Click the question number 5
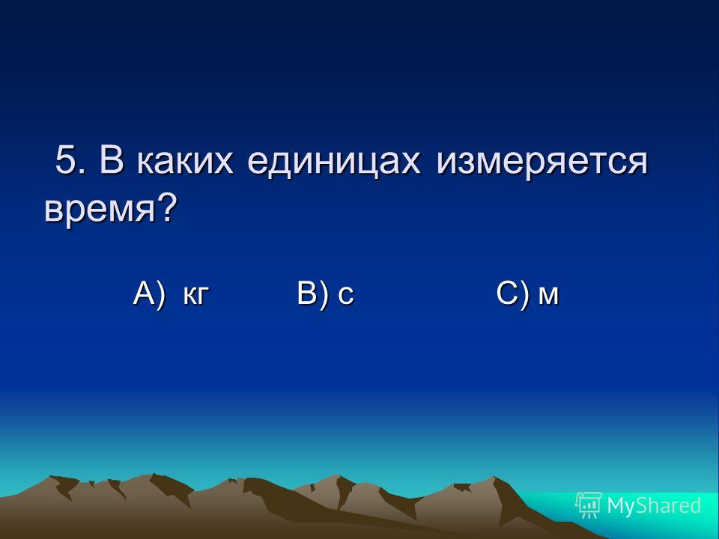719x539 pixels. point(66,159)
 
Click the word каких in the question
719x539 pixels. point(185,162)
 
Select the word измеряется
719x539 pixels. point(541,162)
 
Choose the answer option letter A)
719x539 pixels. point(148,293)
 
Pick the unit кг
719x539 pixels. point(196,296)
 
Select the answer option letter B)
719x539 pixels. point(313,293)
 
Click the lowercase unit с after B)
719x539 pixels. point(346,296)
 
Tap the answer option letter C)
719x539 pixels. point(512,293)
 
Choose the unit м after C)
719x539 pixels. point(548,296)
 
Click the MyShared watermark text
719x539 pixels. point(654,505)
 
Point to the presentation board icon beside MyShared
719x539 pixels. point(589,505)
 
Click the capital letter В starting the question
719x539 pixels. point(112,159)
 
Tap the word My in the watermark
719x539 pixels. point(620,506)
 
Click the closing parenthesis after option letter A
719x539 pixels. point(160,295)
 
